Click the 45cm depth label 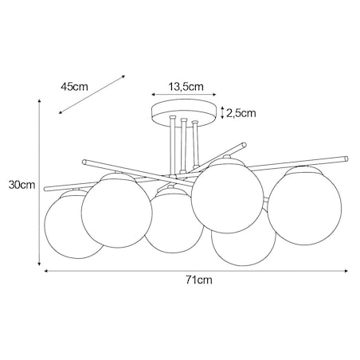click(73, 87)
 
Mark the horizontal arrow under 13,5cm click(184, 98)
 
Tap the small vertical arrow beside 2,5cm click(221, 112)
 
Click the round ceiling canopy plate click(184, 112)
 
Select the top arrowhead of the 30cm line click(42, 101)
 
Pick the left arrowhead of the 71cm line click(45, 272)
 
